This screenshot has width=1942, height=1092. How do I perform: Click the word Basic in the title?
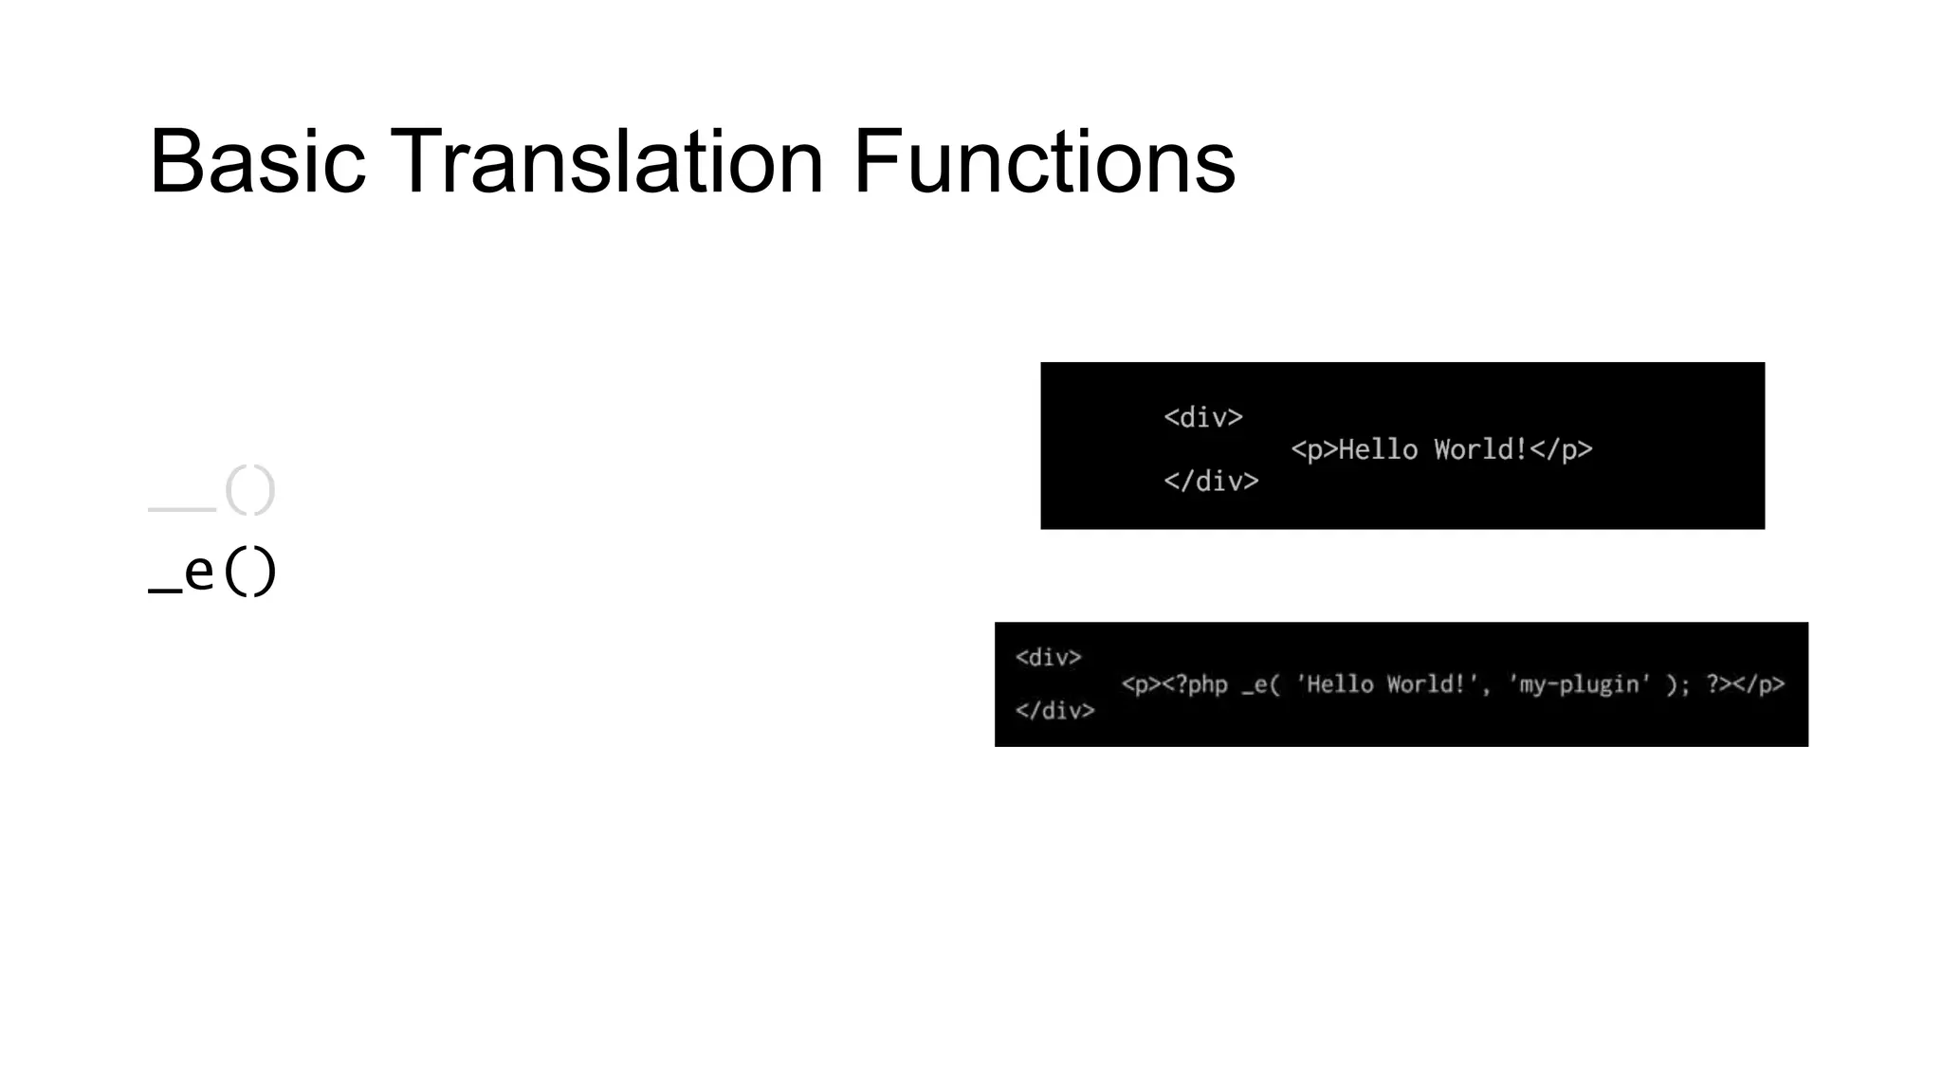click(257, 162)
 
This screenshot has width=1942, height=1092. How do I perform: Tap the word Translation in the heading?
click(607, 162)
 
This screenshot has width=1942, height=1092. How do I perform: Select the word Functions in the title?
click(1043, 162)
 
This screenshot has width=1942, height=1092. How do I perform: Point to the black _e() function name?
click(212, 572)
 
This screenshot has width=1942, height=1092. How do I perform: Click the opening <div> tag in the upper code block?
click(1202, 417)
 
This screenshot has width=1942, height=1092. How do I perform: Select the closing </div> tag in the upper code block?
click(1211, 482)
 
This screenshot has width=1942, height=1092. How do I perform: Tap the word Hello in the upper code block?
click(1377, 449)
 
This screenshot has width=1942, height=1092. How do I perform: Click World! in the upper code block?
click(1480, 449)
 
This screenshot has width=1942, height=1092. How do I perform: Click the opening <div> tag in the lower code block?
click(1048, 657)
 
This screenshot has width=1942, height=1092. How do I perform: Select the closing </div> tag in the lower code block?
click(1054, 710)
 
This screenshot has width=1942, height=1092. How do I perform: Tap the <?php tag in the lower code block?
click(1195, 684)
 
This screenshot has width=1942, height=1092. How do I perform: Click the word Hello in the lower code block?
click(1334, 684)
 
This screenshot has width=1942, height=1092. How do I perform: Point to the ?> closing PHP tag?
click(1719, 684)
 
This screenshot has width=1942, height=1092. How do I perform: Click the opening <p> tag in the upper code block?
click(1313, 449)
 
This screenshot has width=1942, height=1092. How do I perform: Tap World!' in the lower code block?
click(1431, 684)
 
